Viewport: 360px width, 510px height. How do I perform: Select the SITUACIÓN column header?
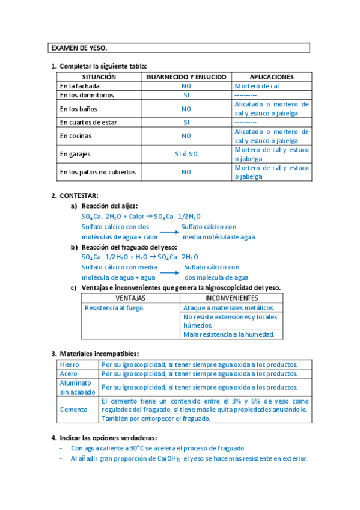pyautogui.click(x=99, y=77)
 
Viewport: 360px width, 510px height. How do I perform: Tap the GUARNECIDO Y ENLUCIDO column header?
pyautogui.click(x=186, y=77)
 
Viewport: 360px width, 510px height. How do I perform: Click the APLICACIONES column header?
pyautogui.click(x=272, y=77)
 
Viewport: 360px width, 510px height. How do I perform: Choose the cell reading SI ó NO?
pyautogui.click(x=186, y=154)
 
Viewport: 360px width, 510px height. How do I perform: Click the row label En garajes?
pyautogui.click(x=75, y=154)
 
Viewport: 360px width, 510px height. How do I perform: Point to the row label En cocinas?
pyautogui.click(x=76, y=136)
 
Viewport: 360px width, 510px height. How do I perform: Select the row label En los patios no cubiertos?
pyautogui.click(x=98, y=172)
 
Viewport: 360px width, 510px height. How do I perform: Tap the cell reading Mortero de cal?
pyautogui.click(x=257, y=86)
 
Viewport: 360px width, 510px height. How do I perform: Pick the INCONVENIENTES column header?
pyautogui.click(x=231, y=298)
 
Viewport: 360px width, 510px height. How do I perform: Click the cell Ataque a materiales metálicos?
pyautogui.click(x=228, y=308)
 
